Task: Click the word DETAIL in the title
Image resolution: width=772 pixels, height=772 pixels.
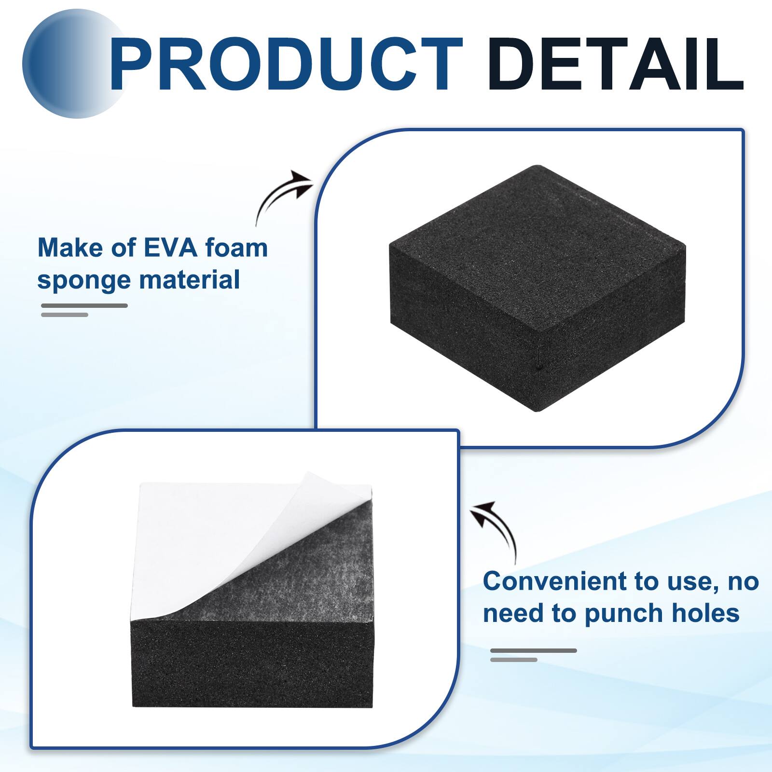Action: tap(615, 64)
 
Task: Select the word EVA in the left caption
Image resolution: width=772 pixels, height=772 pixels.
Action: tap(171, 248)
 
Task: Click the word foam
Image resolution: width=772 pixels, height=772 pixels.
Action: tap(236, 248)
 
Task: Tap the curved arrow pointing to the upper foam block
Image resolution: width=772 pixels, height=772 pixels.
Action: tap(282, 195)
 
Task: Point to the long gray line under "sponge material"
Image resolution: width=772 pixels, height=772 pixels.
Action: tap(84, 305)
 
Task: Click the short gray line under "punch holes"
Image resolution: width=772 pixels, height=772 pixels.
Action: tap(514, 660)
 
